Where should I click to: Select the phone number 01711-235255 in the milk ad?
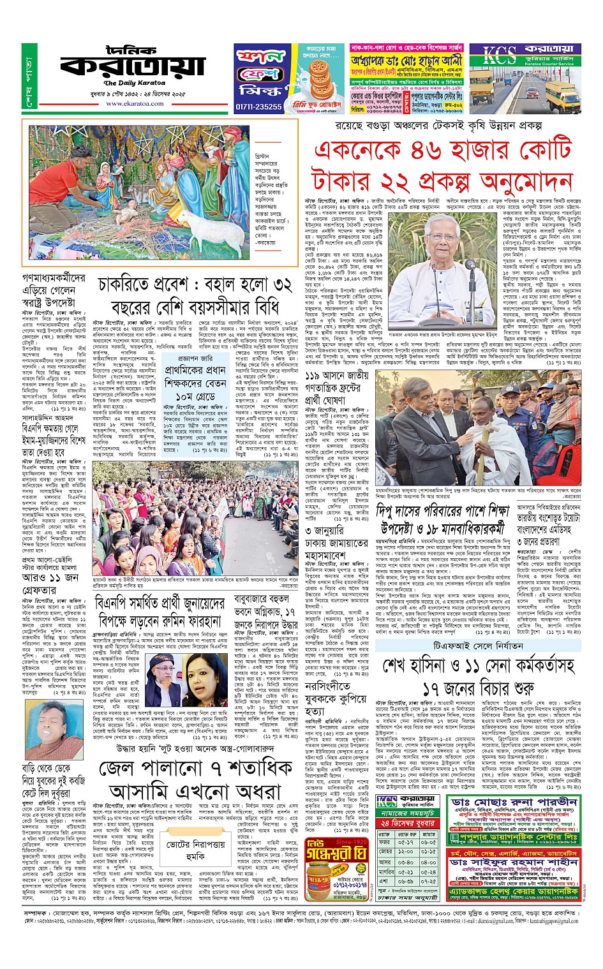pos(258,107)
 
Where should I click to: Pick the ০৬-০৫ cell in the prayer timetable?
pos(429,843)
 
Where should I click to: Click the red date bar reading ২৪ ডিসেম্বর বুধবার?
pos(406,823)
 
